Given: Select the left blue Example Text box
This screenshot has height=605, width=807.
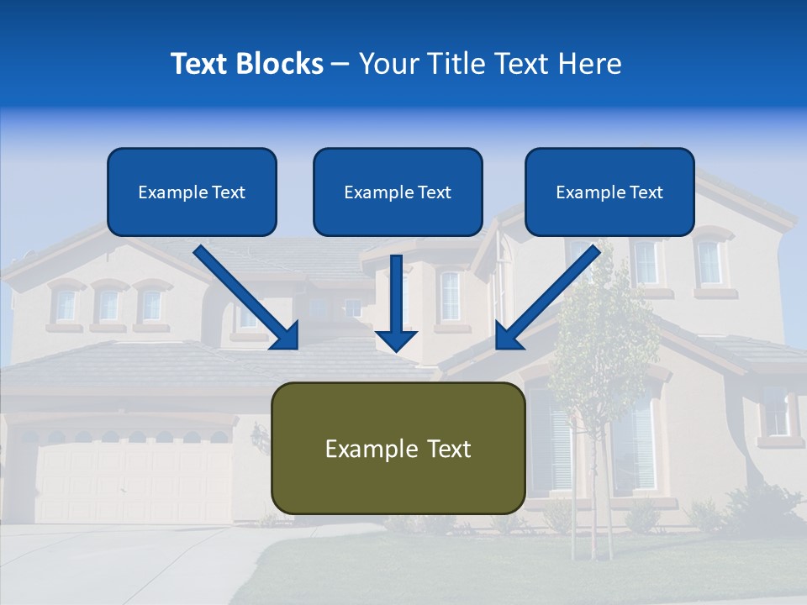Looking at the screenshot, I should click(x=192, y=192).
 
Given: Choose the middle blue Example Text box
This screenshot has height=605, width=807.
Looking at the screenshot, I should click(x=398, y=192).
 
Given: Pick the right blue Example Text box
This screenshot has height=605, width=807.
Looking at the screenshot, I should click(x=609, y=192).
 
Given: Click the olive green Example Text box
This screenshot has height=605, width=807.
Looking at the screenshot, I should click(x=398, y=448).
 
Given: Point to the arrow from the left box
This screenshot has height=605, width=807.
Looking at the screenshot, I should click(x=244, y=294).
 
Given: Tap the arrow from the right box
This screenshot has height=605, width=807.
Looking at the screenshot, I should click(x=551, y=294).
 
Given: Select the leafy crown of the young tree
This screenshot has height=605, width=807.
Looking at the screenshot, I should click(x=601, y=336).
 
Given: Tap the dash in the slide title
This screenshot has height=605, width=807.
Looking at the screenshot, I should click(x=340, y=64).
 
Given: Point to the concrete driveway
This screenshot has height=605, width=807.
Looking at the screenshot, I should click(x=126, y=563).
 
